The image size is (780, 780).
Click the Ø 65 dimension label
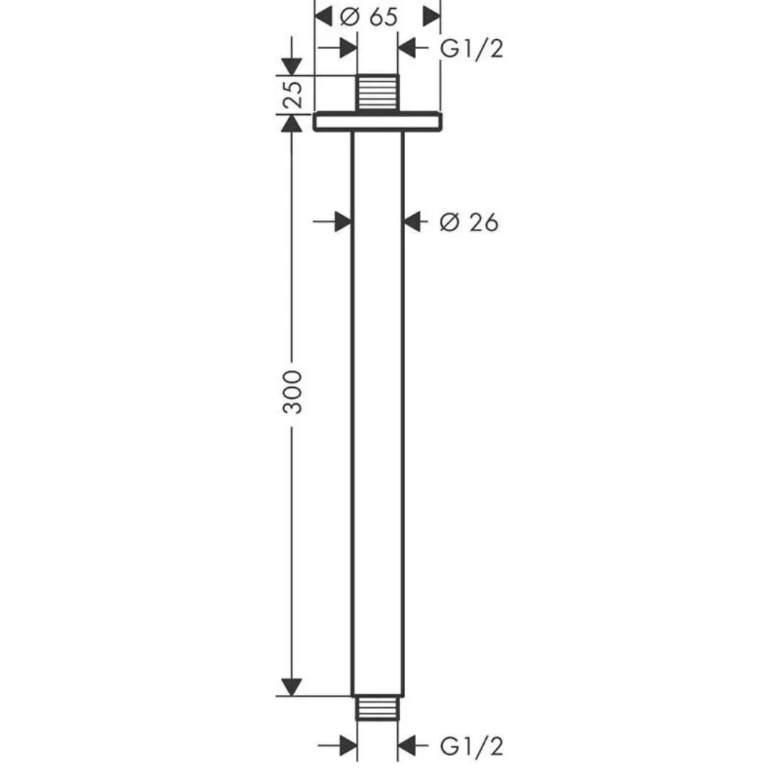click(x=368, y=17)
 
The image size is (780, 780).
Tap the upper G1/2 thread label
click(x=472, y=49)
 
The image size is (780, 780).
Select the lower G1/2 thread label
click(x=472, y=746)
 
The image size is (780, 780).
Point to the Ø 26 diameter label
click(x=469, y=222)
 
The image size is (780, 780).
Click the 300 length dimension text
click(x=292, y=391)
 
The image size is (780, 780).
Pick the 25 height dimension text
click(x=293, y=95)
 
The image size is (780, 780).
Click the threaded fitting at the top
click(x=378, y=93)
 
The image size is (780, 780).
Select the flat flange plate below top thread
click(x=378, y=122)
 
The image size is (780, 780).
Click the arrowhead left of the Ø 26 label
click(x=412, y=222)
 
